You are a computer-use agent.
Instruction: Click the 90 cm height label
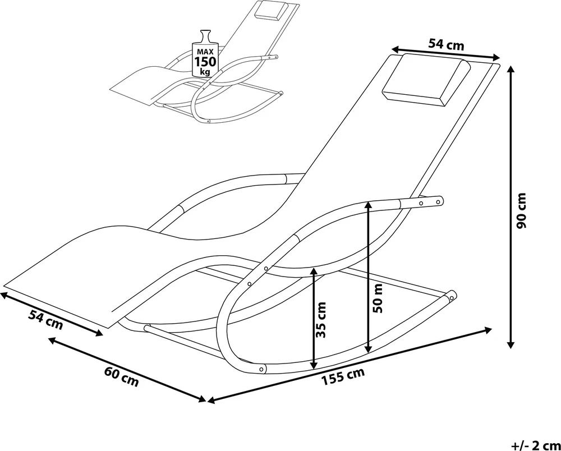[522, 210]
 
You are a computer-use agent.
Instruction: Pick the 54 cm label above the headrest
[446, 44]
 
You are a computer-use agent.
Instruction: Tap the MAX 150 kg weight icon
[205, 53]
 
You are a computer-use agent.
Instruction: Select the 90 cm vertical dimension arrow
[512, 207]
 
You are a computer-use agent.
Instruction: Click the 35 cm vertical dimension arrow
[314, 318]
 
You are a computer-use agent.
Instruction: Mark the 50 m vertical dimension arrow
[367, 277]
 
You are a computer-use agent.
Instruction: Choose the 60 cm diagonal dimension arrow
[127, 370]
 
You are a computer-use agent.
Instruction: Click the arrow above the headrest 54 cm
[446, 52]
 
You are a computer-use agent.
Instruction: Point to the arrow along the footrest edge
[52, 314]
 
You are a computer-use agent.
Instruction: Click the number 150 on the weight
[205, 62]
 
